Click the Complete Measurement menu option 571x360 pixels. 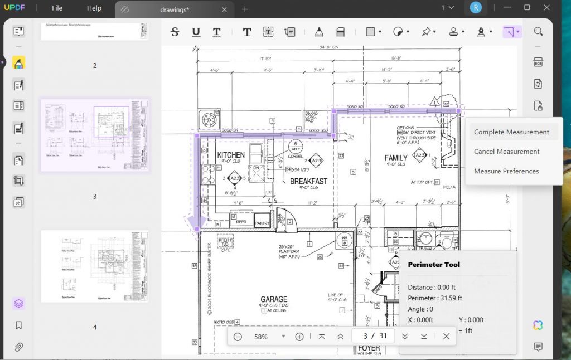pyautogui.click(x=511, y=132)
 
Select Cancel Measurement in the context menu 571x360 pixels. pyautogui.click(x=506, y=152)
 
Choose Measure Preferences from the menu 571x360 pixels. pyautogui.click(x=506, y=171)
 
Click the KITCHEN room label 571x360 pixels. pyautogui.click(x=231, y=155)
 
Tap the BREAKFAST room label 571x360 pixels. pyautogui.click(x=308, y=182)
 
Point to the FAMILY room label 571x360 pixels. pyautogui.click(x=396, y=158)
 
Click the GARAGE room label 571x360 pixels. pyautogui.click(x=274, y=299)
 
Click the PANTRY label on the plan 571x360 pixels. pyautogui.click(x=262, y=223)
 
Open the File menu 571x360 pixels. pyautogui.click(x=57, y=8)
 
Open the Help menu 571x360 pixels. pyautogui.click(x=94, y=8)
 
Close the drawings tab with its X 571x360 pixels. pyautogui.click(x=224, y=9)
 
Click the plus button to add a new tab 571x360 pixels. pyautogui.click(x=245, y=9)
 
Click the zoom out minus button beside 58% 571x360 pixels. pyautogui.click(x=238, y=337)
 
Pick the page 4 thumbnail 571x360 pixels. pyautogui.click(x=95, y=266)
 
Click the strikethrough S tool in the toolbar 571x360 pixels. pyautogui.click(x=175, y=32)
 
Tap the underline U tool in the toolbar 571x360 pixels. pyautogui.click(x=196, y=32)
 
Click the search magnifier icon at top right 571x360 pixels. pyautogui.click(x=538, y=32)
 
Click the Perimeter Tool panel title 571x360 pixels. pyautogui.click(x=434, y=265)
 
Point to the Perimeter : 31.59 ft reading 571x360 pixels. pyautogui.click(x=435, y=298)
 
